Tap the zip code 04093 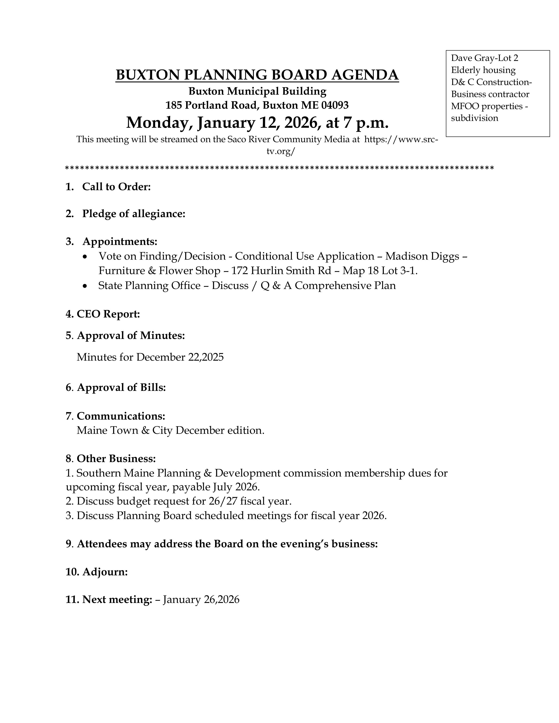pyautogui.click(x=335, y=105)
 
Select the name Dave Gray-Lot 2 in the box pyautogui.click(x=484, y=58)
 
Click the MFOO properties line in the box pyautogui.click(x=489, y=106)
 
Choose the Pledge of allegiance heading pyautogui.click(x=134, y=214)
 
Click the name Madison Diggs pyautogui.click(x=422, y=256)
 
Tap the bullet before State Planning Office pyautogui.click(x=85, y=286)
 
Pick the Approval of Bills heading pyautogui.click(x=121, y=387)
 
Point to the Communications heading pyautogui.click(x=121, y=416)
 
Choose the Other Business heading pyautogui.click(x=116, y=459)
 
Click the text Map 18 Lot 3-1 pyautogui.click(x=380, y=271)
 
